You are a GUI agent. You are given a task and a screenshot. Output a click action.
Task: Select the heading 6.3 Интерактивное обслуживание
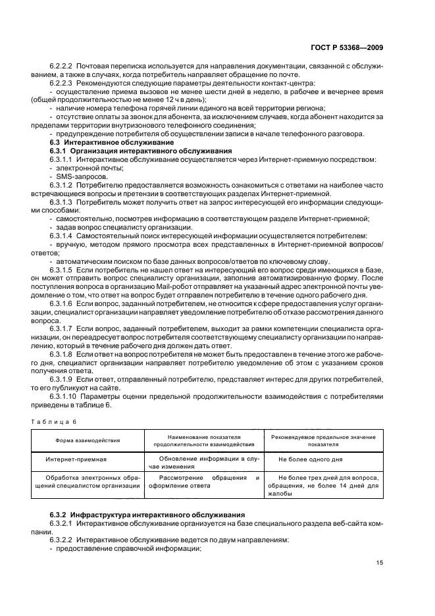pos(98,142)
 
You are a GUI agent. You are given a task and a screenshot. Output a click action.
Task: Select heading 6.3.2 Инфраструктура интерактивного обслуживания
pos(141,514)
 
